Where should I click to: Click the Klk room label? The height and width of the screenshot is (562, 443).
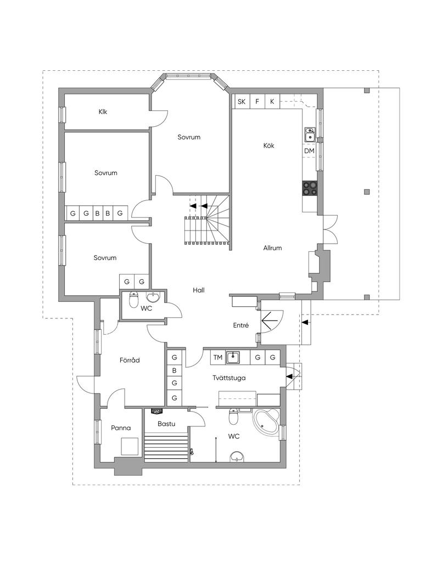[103, 112]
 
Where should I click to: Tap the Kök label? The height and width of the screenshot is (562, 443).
[269, 145]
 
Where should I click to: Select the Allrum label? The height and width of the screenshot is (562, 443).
[272, 248]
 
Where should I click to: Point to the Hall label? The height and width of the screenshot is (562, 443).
[199, 290]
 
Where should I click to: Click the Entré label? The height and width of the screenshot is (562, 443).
[241, 325]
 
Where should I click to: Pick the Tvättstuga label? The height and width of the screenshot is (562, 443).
[229, 378]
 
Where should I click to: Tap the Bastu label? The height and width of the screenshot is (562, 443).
[166, 424]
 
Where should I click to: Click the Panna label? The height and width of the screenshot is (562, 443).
[121, 428]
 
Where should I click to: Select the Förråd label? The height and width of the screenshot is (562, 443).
[130, 360]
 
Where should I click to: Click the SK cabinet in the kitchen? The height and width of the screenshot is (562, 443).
[242, 102]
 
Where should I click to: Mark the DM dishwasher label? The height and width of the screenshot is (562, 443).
[309, 151]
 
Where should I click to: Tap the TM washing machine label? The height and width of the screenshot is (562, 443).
[218, 357]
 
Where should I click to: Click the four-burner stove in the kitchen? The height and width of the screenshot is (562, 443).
[310, 188]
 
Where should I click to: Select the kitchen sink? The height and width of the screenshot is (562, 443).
[310, 135]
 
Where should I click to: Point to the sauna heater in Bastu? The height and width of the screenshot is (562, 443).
[158, 412]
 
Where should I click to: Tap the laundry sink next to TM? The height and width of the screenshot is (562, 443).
[233, 357]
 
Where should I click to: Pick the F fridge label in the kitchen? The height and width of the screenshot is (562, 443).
[257, 102]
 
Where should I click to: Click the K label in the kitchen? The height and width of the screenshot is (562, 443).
[272, 102]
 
